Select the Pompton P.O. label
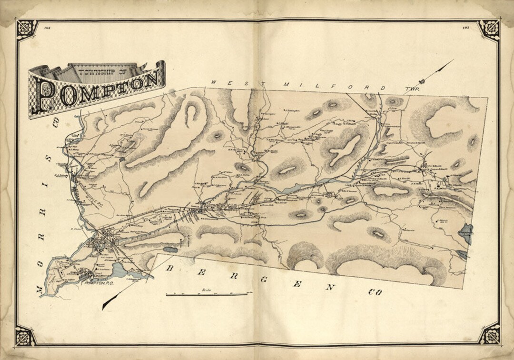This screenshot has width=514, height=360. [98, 283]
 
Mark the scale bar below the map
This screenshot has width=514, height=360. [207, 294]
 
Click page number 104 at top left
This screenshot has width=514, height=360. [47, 29]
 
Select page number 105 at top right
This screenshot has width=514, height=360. [466, 29]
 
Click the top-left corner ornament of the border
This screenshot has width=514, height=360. [27, 30]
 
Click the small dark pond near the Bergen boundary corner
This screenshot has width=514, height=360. [170, 249]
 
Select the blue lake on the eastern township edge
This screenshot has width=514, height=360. [467, 233]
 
